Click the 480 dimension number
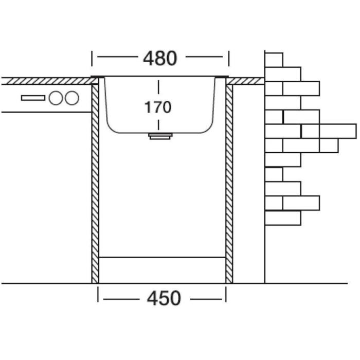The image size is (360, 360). click(159, 58)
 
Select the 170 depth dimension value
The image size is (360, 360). click(157, 107)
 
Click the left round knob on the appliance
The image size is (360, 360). click(56, 97)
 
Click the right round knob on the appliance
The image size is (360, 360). click(71, 97)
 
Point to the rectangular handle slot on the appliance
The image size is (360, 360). click(33, 98)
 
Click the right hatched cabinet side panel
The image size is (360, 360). click(229, 183)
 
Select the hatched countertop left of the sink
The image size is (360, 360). click(46, 81)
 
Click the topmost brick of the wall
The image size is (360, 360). click(274, 59)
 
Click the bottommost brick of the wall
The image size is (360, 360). click(282, 218)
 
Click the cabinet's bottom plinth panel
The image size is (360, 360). click(161, 269)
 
